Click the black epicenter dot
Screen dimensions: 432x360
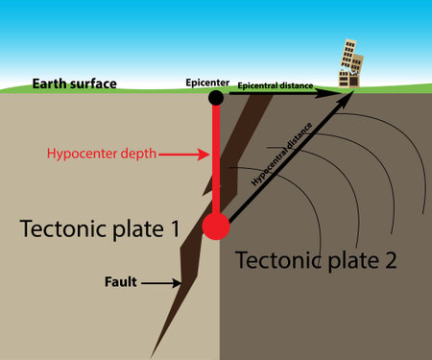(216, 97)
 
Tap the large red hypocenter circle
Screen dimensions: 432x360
(216, 227)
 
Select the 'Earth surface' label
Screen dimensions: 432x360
(74, 84)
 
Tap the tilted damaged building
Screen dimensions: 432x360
(347, 61)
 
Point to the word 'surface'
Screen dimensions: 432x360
(93, 84)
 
